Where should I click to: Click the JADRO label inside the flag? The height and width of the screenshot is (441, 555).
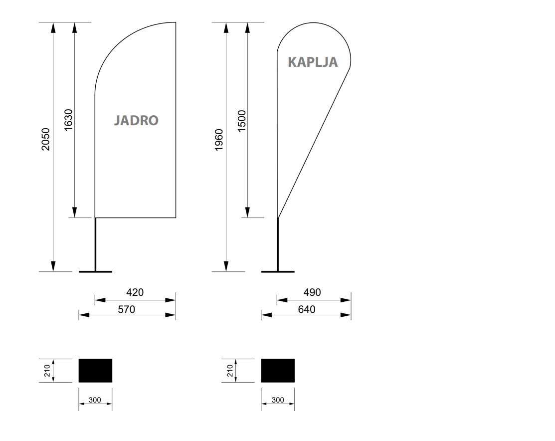[x=136, y=120]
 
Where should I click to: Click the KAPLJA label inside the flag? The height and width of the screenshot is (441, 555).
[x=313, y=62]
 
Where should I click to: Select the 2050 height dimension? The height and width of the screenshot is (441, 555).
[x=46, y=139]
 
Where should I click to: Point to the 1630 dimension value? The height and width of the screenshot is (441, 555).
[x=68, y=120]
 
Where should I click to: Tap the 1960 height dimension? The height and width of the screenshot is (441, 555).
[x=219, y=140]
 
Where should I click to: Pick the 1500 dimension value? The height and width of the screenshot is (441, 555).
[x=241, y=121]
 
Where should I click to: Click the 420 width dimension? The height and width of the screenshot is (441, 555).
[x=135, y=292]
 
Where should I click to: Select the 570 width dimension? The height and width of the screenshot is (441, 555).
[x=126, y=309]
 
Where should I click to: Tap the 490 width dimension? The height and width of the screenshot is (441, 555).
[x=312, y=292]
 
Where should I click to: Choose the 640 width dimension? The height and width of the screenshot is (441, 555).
[x=307, y=309]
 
